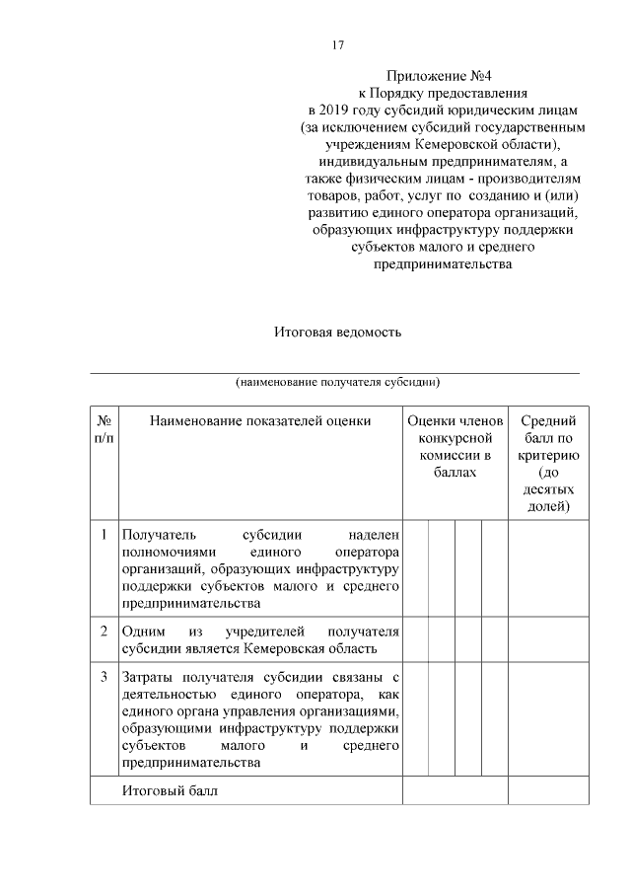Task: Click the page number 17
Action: pyautogui.click(x=336, y=45)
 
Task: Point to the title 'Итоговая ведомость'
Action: pyautogui.click(x=337, y=332)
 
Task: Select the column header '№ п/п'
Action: pyautogui.click(x=104, y=429)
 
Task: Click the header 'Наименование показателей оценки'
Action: pyautogui.click(x=260, y=421)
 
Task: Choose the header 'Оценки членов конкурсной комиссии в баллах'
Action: pyautogui.click(x=455, y=447)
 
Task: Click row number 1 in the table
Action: pyautogui.click(x=104, y=534)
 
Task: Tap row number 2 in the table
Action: pyautogui.click(x=104, y=630)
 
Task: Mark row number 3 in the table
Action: pyautogui.click(x=104, y=678)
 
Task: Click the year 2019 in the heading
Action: pyautogui.click(x=341, y=112)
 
